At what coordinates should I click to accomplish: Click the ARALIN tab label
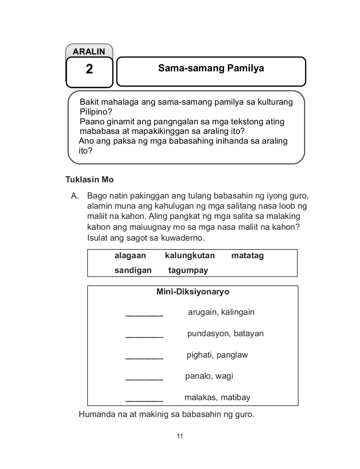point(89,52)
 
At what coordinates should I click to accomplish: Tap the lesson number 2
point(89,69)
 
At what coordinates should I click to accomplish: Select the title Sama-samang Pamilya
point(211,68)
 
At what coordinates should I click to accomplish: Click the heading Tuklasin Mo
point(90,180)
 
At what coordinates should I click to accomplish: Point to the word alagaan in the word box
point(130,256)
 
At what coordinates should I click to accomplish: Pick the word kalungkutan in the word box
point(189,256)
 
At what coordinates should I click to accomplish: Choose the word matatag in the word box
point(247,256)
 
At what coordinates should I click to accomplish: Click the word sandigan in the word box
point(133,271)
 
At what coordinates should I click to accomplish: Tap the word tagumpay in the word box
point(188,271)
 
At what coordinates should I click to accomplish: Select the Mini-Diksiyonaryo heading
point(193,292)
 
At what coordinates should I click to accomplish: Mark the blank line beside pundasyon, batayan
point(144,336)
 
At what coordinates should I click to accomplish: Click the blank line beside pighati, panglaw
point(144,357)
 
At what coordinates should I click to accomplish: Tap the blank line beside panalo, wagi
point(144,379)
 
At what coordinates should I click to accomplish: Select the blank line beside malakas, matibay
point(144,400)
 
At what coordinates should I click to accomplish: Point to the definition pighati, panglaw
point(217,355)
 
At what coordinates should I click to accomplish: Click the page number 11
point(180,437)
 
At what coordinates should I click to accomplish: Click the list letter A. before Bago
point(74,196)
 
